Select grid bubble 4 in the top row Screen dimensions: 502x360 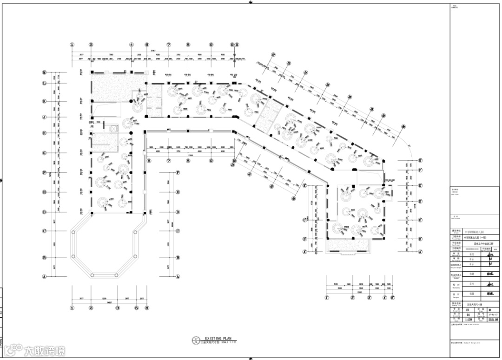(132, 45)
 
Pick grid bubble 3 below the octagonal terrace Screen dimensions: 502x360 (118, 308)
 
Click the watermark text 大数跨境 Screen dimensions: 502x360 (45, 351)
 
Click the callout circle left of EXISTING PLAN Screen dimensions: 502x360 (196, 340)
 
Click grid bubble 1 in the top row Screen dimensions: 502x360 (72, 45)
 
